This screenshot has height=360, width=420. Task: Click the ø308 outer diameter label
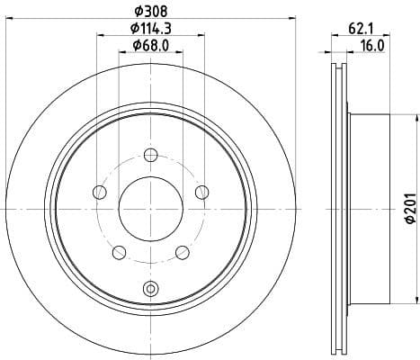149,13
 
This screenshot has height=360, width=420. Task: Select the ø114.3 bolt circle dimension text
149,29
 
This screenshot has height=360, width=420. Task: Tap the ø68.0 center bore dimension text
149,45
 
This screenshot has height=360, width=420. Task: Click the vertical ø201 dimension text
410,210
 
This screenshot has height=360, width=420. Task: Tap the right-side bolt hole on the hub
201,191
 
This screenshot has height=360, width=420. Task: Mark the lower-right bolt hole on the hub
182,251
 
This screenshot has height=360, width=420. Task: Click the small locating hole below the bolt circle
149,289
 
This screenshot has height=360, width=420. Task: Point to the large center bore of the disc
149,209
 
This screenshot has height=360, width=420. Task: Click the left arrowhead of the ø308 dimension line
8,21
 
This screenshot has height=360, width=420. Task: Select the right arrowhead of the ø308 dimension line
291,21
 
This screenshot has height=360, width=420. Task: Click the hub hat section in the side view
369,209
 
